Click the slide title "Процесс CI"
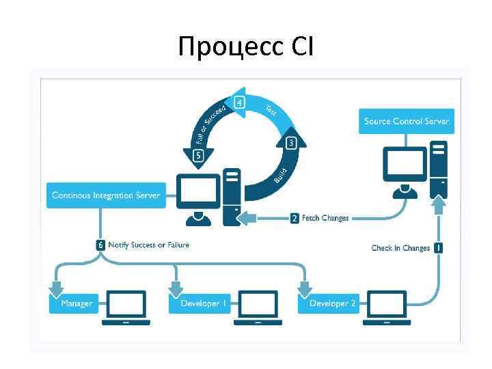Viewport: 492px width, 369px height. point(245,46)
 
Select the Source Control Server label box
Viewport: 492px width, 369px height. point(407,121)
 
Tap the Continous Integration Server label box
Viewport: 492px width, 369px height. point(106,195)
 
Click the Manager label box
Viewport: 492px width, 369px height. point(76,303)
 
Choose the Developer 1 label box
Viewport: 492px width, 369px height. point(200,303)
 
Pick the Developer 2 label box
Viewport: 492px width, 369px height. point(331,303)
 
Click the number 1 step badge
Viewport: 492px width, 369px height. point(437,248)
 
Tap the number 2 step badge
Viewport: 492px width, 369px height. point(295,218)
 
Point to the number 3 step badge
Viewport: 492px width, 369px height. point(291,143)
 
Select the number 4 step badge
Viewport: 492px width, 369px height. point(239,103)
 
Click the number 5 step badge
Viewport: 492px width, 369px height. point(199,155)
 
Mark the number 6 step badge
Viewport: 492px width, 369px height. point(100,245)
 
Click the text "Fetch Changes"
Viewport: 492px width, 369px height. point(325,218)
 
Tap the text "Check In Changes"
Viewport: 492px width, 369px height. point(400,248)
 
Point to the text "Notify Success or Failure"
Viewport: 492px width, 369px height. point(148,245)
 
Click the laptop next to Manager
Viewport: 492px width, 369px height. point(126,307)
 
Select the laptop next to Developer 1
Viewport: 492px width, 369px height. point(258,307)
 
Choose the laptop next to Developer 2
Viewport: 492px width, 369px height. point(387,307)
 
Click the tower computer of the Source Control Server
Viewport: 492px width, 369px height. point(438,165)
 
